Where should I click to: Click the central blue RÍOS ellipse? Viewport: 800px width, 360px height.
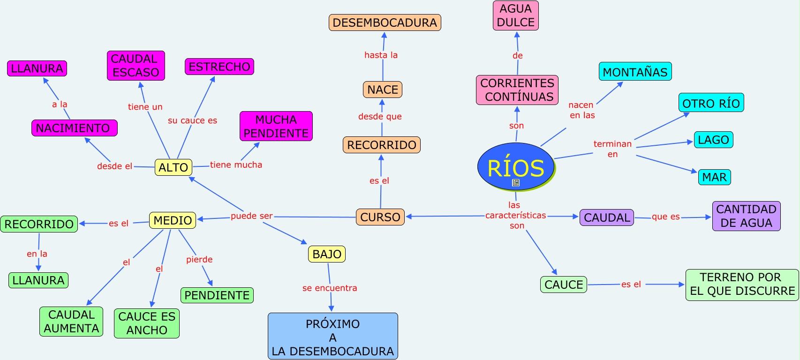click(516, 166)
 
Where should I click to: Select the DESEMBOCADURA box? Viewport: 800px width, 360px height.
click(385, 22)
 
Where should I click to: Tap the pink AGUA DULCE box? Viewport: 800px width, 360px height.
click(516, 15)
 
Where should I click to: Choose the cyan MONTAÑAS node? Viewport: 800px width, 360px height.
click(635, 71)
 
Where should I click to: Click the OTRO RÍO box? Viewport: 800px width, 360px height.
click(711, 103)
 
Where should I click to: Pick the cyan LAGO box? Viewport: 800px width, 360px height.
click(714, 140)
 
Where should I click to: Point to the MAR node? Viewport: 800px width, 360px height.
click(714, 177)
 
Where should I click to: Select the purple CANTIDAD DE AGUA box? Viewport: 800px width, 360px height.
click(747, 216)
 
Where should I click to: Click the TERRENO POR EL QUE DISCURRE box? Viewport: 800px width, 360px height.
click(742, 285)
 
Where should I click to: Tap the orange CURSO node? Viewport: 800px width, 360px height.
click(380, 217)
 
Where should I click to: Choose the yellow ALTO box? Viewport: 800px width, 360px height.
click(173, 167)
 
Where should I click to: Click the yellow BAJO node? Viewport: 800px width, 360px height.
click(327, 254)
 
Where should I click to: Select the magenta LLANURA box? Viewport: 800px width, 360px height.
click(37, 68)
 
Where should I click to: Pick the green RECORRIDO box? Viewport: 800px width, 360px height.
click(39, 224)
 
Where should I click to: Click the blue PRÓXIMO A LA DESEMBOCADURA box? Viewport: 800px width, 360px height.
click(333, 336)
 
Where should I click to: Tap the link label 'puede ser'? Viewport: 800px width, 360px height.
click(252, 216)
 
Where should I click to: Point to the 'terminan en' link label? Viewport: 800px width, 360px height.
click(612, 149)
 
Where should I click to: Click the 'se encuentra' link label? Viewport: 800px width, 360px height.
click(330, 288)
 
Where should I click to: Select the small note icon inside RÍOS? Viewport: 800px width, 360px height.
click(516, 183)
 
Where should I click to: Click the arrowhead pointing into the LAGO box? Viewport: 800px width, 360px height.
click(690, 142)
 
